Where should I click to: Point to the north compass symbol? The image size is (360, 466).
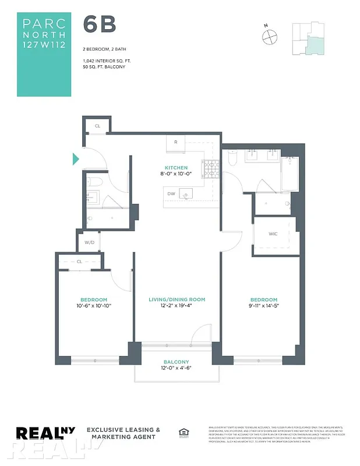point(269,36)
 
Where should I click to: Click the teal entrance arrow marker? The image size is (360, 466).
point(76,158)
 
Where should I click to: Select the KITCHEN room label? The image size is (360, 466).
point(176,168)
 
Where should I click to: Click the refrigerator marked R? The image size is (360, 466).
point(176,143)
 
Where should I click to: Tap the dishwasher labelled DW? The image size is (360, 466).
point(171,194)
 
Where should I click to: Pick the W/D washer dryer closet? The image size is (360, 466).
point(90,242)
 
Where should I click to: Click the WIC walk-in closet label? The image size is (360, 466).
point(273,234)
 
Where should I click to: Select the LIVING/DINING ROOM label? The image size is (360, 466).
point(177,299)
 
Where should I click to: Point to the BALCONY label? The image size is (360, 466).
point(177,361)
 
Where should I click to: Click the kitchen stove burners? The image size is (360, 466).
point(210,169)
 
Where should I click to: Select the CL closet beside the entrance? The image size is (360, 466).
point(97,125)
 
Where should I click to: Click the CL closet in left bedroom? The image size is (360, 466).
point(80,262)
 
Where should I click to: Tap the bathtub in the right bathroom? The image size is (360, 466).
point(290,174)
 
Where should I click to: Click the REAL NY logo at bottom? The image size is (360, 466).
point(48,433)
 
